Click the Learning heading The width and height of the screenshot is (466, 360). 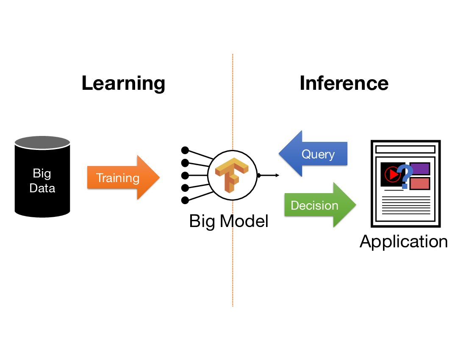click(123, 83)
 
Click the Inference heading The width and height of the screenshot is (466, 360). click(344, 83)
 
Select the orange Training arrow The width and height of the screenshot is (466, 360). click(123, 177)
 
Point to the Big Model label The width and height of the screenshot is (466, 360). click(229, 221)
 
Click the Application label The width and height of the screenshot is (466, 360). click(403, 241)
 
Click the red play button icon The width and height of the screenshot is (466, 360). click(392, 174)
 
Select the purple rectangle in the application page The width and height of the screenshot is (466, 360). click(419, 169)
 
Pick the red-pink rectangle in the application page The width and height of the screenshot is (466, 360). click(419, 183)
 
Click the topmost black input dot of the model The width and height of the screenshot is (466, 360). click(185, 150)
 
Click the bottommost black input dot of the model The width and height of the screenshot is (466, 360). click(185, 200)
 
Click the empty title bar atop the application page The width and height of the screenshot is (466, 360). click(405, 150)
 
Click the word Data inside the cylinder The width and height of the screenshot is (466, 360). click(42, 188)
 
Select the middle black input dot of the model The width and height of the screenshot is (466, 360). click(185, 175)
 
